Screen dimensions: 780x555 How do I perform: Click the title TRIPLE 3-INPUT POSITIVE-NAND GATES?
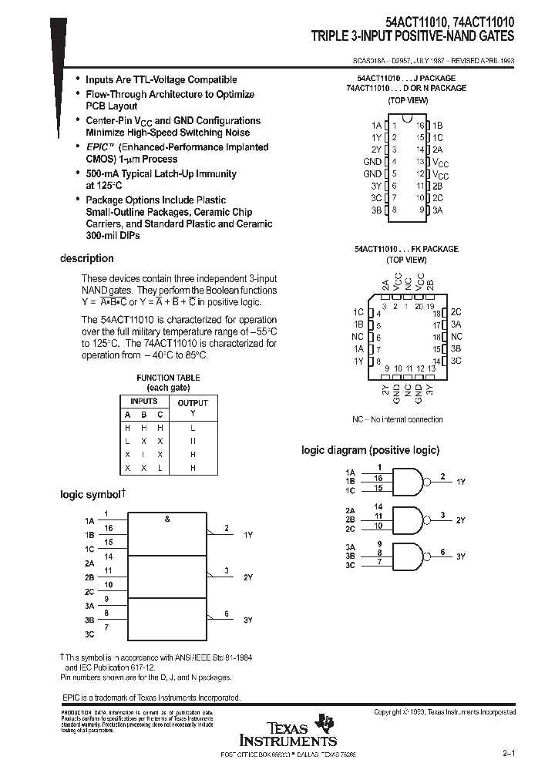[413, 36]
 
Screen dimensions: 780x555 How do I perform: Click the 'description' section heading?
[87, 258]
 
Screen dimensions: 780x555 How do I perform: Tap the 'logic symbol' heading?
[91, 494]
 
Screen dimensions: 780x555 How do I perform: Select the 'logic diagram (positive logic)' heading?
[370, 450]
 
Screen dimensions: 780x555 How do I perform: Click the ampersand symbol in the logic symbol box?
[167, 519]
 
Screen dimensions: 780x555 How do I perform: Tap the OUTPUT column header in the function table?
[193, 402]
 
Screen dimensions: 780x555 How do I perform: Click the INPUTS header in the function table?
[143, 402]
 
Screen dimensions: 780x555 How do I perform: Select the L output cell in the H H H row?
[193, 427]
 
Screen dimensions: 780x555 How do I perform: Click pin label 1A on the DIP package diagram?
[376, 125]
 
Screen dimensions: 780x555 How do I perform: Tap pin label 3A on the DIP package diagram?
[437, 210]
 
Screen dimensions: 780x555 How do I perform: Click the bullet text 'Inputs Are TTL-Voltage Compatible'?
[161, 79]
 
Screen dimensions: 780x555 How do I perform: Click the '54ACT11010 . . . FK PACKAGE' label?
[406, 249]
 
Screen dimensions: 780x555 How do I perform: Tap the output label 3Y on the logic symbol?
[248, 620]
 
